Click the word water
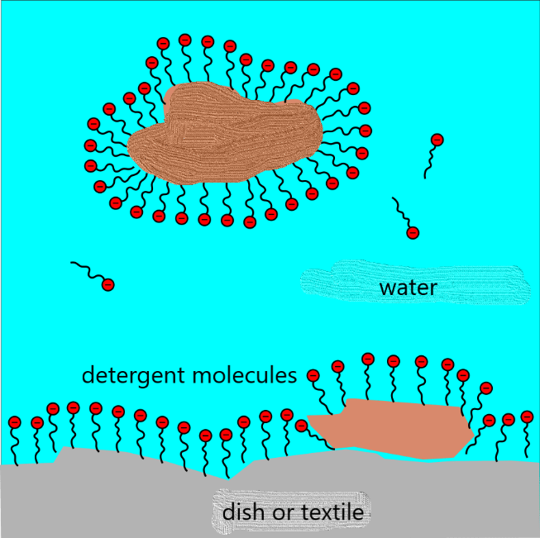(x=407, y=288)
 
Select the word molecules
(x=245, y=375)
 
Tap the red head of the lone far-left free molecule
(x=108, y=285)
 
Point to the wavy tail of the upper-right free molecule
(x=428, y=160)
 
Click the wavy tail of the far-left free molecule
(x=86, y=269)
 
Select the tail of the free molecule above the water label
(x=401, y=213)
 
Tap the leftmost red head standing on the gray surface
(x=14, y=422)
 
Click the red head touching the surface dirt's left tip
(x=302, y=426)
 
